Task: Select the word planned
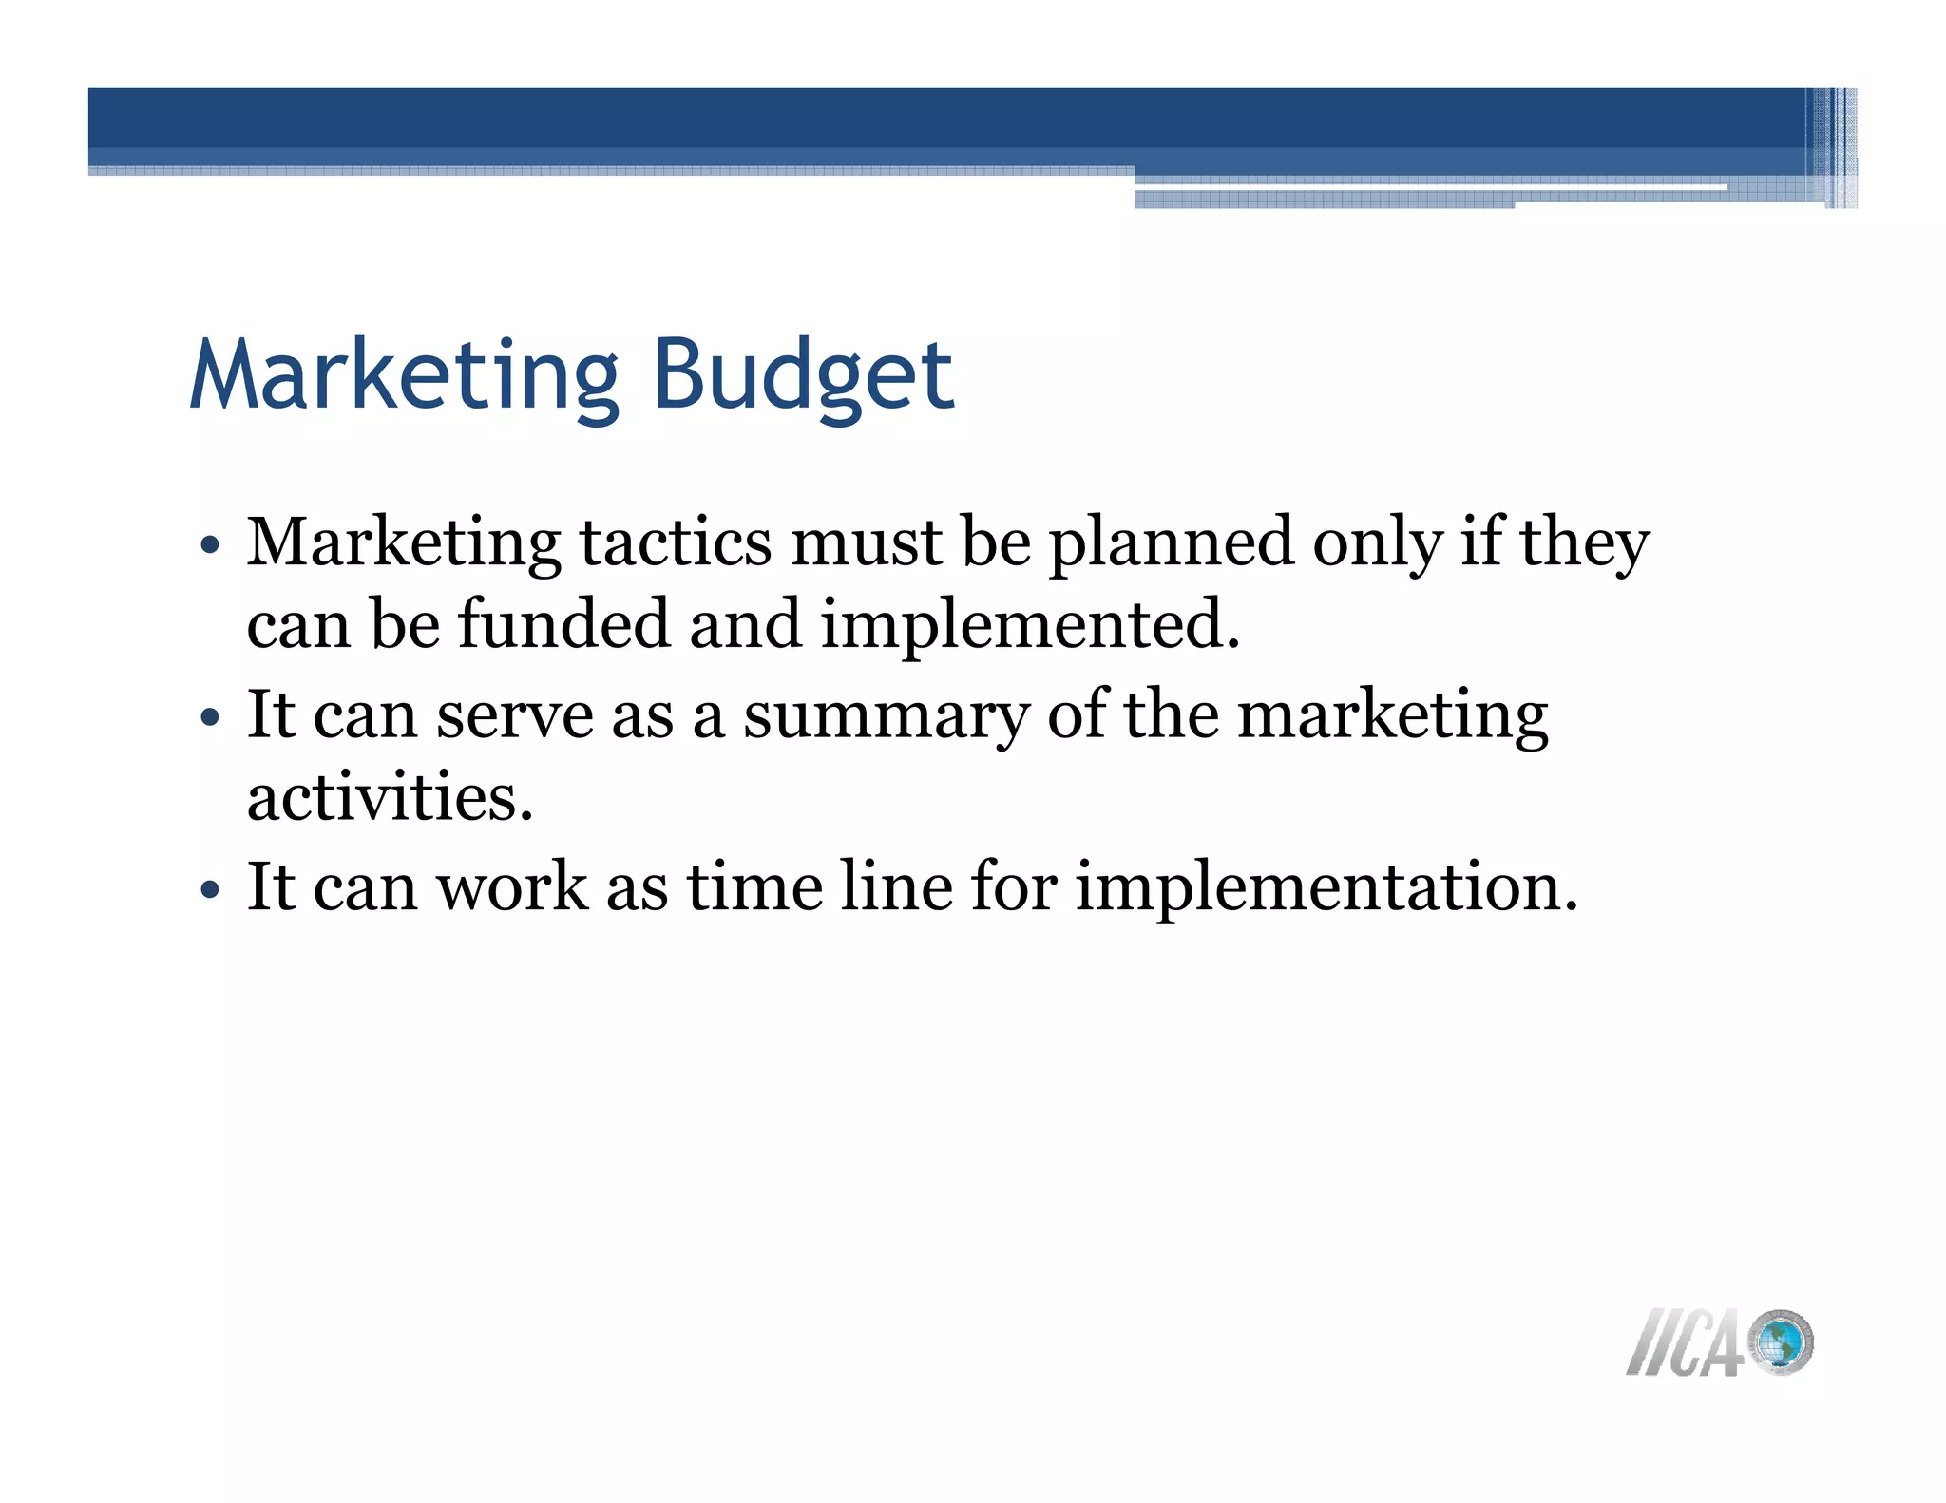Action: (x=1171, y=543)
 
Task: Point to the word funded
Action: (x=563, y=624)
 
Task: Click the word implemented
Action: (x=1030, y=626)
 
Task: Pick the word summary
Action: (x=886, y=715)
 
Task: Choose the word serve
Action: (x=514, y=715)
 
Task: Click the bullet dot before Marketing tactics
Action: (x=210, y=547)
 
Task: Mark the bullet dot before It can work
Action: (x=210, y=891)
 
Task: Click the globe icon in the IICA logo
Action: (x=1781, y=1342)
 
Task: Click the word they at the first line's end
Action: (x=1584, y=543)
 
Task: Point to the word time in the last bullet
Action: (x=754, y=886)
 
